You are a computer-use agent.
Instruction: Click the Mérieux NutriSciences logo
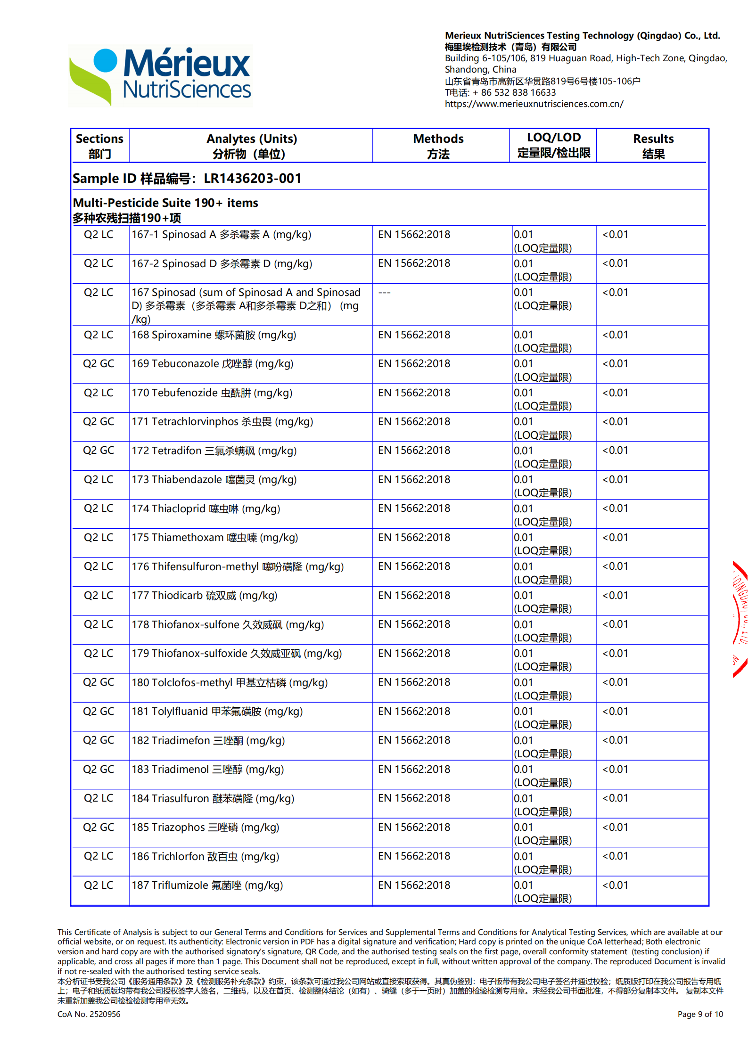click(160, 75)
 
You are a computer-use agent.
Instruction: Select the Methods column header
click(438, 146)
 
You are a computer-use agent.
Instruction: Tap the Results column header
click(653, 146)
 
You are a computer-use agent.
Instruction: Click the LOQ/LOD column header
click(553, 145)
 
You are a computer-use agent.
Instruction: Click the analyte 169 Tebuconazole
click(212, 364)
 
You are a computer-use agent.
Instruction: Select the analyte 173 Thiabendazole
click(214, 480)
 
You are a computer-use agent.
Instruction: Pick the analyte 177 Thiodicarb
click(204, 596)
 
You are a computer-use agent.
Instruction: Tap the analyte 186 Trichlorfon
click(205, 856)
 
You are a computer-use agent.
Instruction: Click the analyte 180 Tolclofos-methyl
click(230, 682)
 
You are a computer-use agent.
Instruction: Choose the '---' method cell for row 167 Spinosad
click(384, 293)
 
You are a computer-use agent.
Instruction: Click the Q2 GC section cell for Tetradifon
click(99, 451)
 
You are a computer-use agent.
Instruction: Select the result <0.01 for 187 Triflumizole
click(615, 885)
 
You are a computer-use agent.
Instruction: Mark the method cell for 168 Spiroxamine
click(414, 335)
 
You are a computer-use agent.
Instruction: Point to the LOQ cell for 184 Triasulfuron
click(543, 804)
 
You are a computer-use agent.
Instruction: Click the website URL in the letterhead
click(534, 104)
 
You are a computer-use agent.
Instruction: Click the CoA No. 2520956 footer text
click(89, 1014)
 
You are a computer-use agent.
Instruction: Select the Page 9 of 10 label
click(700, 1014)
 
